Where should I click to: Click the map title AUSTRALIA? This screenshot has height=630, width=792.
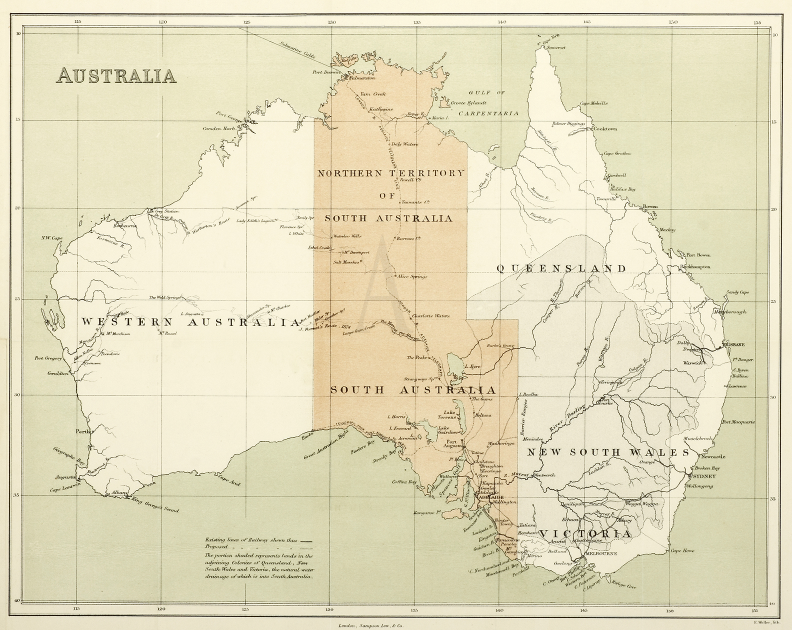[117, 75]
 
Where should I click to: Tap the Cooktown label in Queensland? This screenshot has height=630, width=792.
[605, 128]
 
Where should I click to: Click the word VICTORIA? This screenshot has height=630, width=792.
[586, 534]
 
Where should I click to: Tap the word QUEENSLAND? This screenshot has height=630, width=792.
[561, 268]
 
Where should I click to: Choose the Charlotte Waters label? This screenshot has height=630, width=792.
[431, 316]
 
